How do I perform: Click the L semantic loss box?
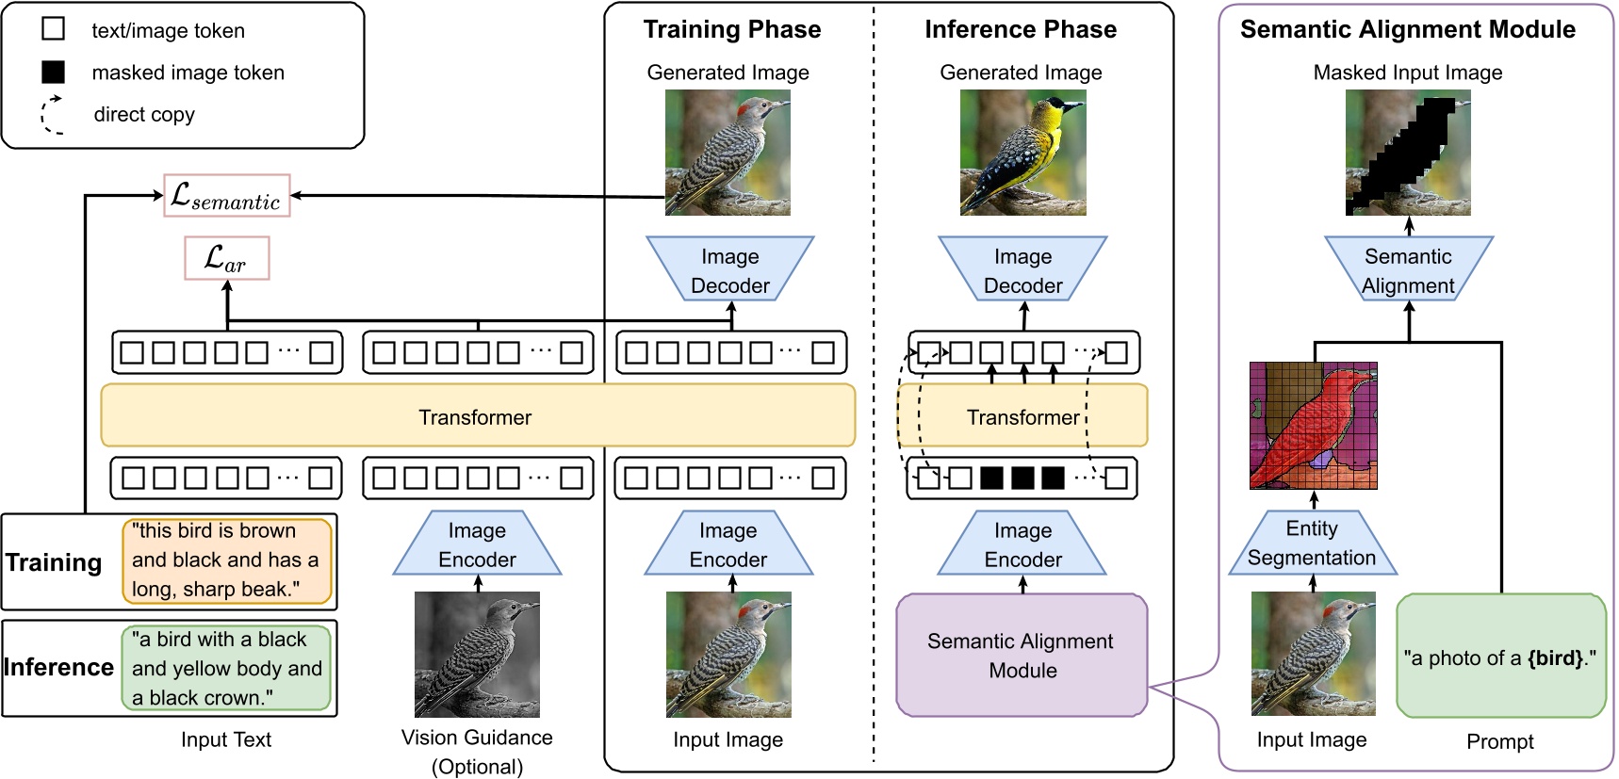tap(226, 196)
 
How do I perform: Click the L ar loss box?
tap(226, 258)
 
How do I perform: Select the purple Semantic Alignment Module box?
tap(1022, 656)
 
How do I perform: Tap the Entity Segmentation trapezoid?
tap(1312, 544)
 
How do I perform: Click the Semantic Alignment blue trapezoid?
tap(1408, 270)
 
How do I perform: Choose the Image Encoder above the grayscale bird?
tap(477, 544)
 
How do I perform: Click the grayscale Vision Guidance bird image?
tap(477, 655)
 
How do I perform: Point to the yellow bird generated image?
tap(1022, 153)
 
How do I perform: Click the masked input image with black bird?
tap(1408, 153)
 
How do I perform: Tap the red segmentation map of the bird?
tap(1313, 425)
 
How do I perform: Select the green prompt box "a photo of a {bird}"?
tap(1500, 657)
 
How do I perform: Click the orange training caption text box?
tap(227, 560)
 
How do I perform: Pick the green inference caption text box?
tap(226, 668)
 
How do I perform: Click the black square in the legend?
tap(54, 72)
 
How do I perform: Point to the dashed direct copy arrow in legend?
tap(52, 115)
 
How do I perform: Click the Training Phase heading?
tap(731, 29)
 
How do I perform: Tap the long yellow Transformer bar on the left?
tap(477, 415)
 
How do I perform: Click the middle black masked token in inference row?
tap(1022, 478)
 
